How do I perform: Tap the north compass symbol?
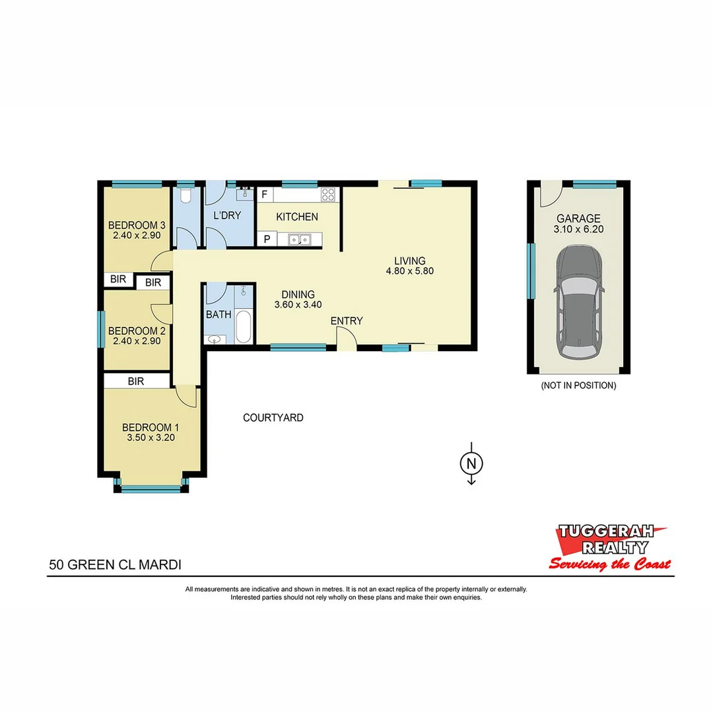[471, 463]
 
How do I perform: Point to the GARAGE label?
[578, 219]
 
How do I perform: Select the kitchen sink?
[300, 240]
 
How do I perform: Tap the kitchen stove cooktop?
[327, 195]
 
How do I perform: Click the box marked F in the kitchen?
[264, 195]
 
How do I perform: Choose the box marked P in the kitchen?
[267, 240]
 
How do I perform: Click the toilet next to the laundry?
[186, 196]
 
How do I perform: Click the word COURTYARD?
[273, 417]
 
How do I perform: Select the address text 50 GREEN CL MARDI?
[116, 564]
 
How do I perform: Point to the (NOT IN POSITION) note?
[578, 386]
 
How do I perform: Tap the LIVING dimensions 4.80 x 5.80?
[410, 271]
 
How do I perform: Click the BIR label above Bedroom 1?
[136, 381]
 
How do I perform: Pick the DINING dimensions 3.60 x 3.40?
[298, 305]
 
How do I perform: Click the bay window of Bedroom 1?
[151, 489]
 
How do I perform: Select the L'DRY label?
[226, 215]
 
